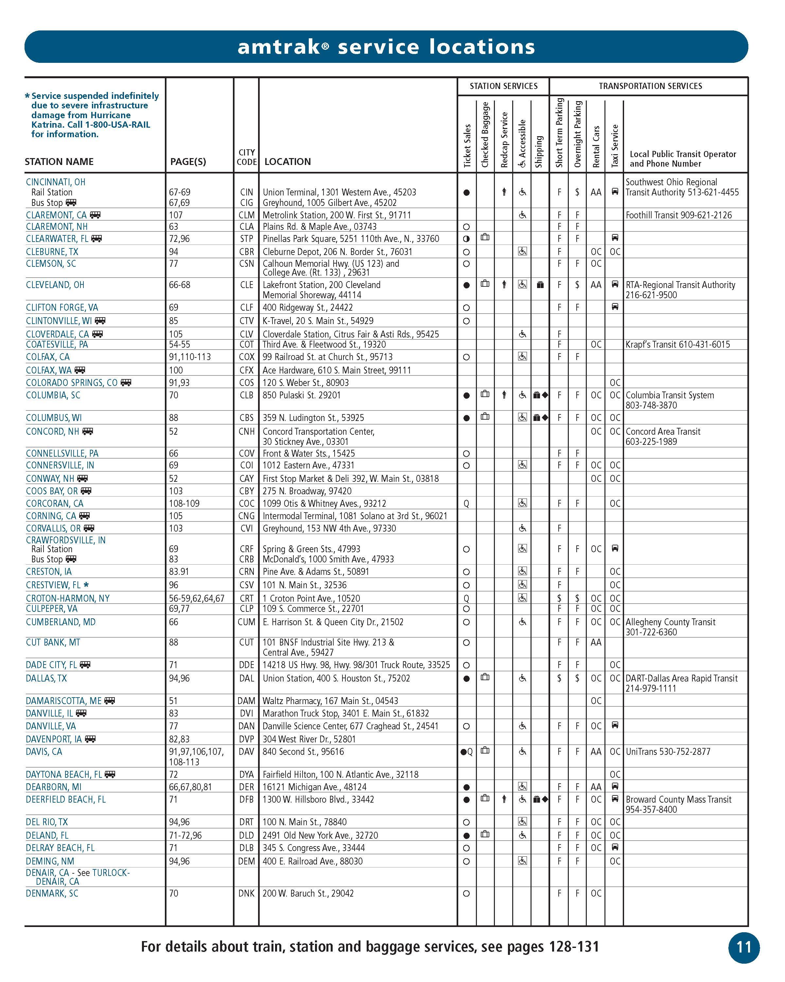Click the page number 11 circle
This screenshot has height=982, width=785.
point(743,947)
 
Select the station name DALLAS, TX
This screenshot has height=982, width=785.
point(46,678)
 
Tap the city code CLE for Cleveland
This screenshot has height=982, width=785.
point(246,285)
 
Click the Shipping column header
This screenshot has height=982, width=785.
point(540,151)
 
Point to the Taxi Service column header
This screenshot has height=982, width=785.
point(615,146)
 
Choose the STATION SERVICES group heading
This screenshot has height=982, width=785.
point(503,86)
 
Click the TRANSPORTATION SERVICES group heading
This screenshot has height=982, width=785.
point(650,86)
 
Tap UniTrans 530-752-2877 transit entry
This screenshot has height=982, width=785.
point(668,752)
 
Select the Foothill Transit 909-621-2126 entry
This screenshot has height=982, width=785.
point(678,215)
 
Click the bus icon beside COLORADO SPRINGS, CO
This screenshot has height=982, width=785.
point(126,383)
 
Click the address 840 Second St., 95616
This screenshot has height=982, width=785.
point(303,752)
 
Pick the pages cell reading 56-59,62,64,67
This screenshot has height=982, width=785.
point(197,598)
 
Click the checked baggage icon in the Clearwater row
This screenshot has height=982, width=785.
point(485,237)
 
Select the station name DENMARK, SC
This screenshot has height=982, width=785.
point(52,894)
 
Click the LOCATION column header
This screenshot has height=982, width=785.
point(287,162)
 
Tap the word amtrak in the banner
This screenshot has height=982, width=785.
point(278,47)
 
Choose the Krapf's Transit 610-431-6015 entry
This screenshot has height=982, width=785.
point(677,345)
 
